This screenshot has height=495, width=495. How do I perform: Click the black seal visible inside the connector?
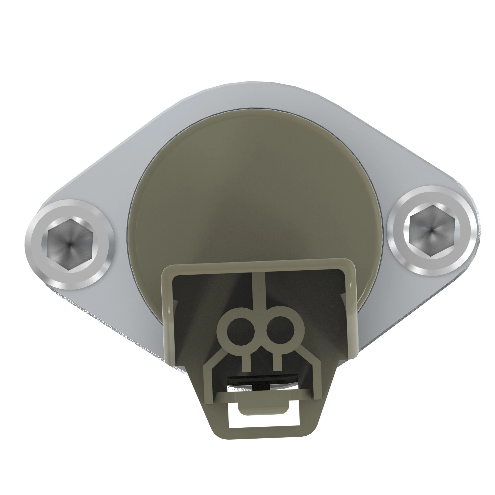pyautogui.click(x=264, y=379)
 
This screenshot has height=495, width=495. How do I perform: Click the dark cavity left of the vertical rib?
pyautogui.click(x=210, y=295)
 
